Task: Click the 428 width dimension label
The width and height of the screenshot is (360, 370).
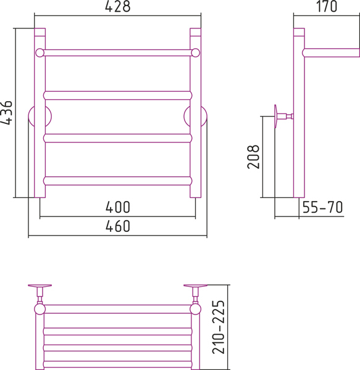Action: coord(118,6)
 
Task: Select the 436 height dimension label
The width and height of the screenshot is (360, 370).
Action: coord(6,113)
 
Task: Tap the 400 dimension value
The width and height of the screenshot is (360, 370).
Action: coord(118,207)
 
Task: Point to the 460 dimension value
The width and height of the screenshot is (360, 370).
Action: coord(118,226)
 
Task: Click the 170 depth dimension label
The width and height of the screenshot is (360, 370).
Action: coord(327,6)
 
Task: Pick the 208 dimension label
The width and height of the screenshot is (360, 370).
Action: coord(253,157)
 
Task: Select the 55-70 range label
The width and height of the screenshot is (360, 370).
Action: coord(322,207)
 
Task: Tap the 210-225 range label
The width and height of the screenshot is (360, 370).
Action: coord(219,327)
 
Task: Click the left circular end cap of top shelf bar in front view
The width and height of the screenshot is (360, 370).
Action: coord(40,52)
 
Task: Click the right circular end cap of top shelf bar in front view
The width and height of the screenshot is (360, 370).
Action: coord(195,52)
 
